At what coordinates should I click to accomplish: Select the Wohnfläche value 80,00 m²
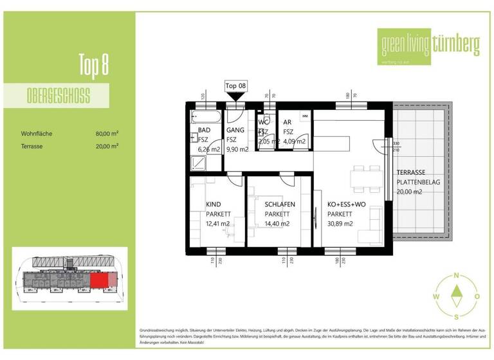coord(107,134)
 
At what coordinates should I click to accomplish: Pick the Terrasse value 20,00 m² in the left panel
coord(107,147)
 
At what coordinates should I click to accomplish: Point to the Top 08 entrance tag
coord(235,85)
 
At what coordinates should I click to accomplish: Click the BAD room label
coord(204,130)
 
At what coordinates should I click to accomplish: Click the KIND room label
coord(213,204)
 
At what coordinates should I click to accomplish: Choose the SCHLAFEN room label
coord(280,204)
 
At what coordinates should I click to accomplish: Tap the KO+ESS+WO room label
coord(347,204)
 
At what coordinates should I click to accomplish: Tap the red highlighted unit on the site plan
coord(100,280)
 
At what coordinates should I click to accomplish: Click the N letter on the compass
coord(456,276)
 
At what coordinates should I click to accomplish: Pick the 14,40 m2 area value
coord(277,224)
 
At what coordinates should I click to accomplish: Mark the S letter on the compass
coord(456,317)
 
